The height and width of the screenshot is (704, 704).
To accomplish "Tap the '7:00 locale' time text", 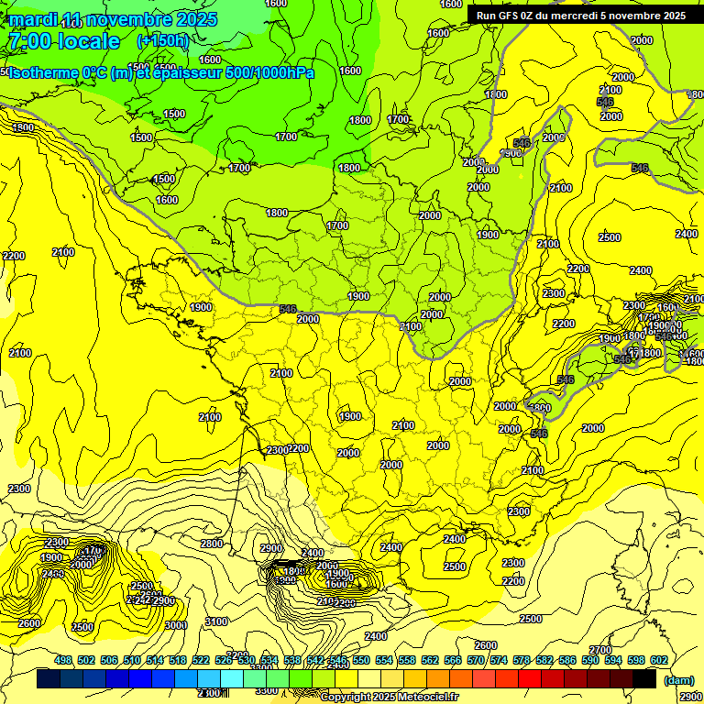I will (x=63, y=41).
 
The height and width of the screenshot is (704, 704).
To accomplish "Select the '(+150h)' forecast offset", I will (x=162, y=41).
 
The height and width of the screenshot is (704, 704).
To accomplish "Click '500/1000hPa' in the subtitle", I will (x=269, y=72).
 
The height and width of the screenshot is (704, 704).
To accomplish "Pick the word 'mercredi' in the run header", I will (x=573, y=16).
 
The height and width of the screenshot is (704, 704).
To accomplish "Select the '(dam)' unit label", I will (x=679, y=681).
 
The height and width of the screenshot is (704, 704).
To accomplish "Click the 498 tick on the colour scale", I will (x=63, y=660).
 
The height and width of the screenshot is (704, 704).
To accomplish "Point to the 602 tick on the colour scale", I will (x=659, y=660).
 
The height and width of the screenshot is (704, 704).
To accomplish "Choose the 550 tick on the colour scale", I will (x=361, y=660).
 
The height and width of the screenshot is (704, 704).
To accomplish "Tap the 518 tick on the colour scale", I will (x=178, y=660).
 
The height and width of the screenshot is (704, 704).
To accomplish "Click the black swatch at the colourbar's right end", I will (x=644, y=679).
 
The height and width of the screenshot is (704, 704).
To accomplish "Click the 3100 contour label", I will (x=217, y=621).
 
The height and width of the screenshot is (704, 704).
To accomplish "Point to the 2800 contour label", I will (x=212, y=544).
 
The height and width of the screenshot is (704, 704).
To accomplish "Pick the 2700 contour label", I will (x=600, y=650).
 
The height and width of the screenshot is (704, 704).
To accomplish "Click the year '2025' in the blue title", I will (x=195, y=19).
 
